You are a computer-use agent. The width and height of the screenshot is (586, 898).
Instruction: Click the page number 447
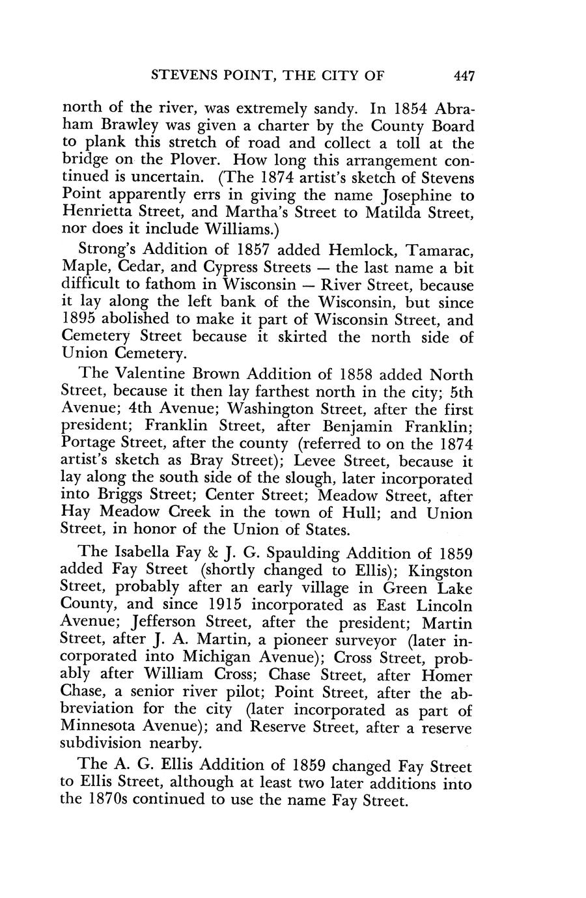pos(465,76)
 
